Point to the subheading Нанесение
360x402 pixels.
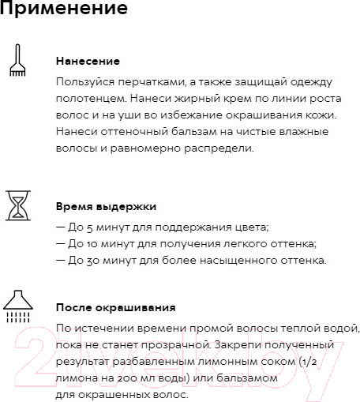click(x=88, y=61)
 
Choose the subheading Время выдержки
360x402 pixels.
click(x=106, y=206)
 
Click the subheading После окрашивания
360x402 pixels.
click(x=116, y=307)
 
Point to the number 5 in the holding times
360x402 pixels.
click(x=84, y=227)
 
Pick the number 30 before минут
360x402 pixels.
click(x=87, y=261)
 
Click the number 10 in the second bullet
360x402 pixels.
click(x=87, y=243)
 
